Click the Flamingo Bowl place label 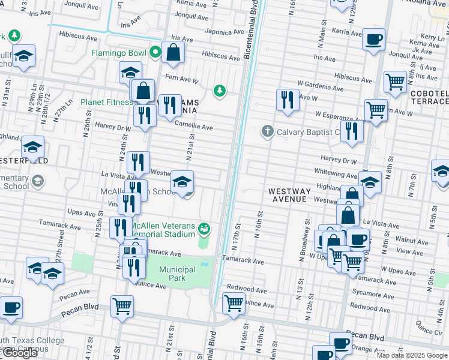tap(118, 53)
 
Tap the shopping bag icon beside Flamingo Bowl tap(173, 52)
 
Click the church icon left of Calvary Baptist tap(267, 131)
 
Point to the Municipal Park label tap(177, 274)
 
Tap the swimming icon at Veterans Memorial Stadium tap(205, 228)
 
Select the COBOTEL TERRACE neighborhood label tap(429, 98)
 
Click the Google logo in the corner tap(20, 353)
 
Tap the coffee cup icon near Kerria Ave tap(373, 40)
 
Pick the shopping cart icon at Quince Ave tap(233, 303)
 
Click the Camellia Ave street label tap(194, 127)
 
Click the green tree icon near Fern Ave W tap(220, 91)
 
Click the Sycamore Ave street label tap(369, 294)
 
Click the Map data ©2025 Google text tap(412, 355)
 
